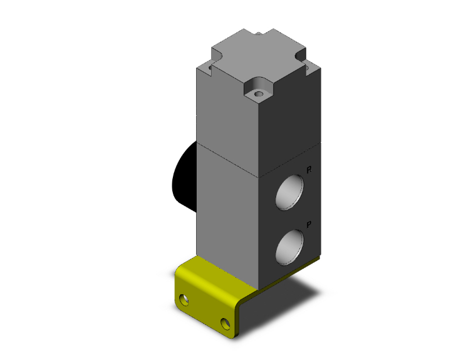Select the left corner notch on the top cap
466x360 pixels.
209,63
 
